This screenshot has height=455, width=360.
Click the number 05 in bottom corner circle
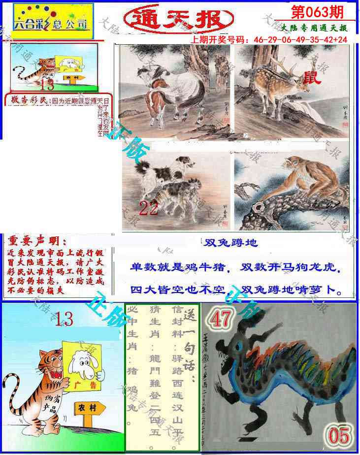pos(339,436)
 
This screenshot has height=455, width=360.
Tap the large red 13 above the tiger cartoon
pos(64,320)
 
